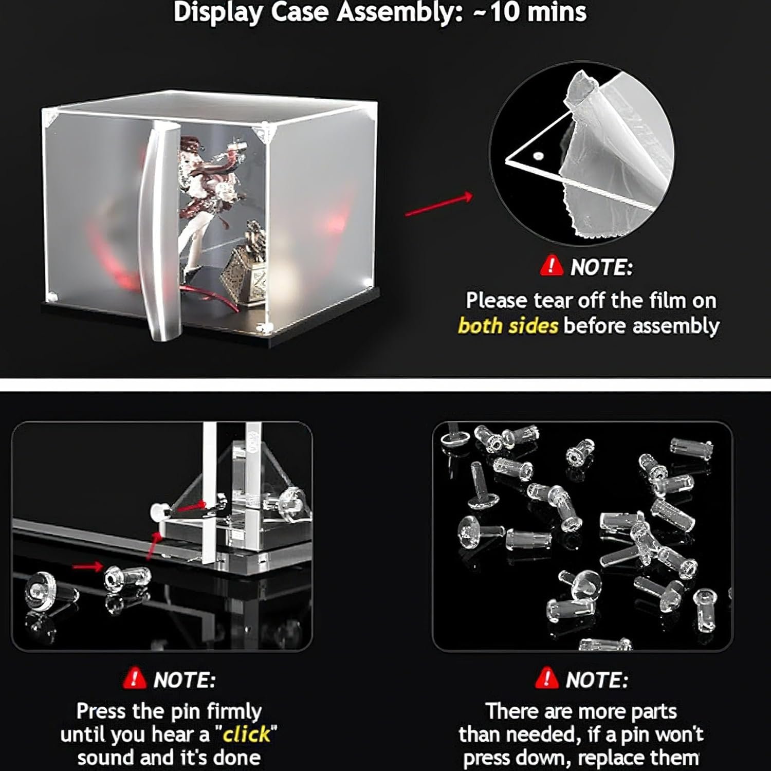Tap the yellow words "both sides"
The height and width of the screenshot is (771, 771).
tap(507, 326)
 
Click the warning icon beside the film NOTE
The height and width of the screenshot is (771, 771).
tap(552, 266)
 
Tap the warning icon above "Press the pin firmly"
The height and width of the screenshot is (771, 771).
tap(135, 679)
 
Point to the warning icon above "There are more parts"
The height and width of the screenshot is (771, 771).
tap(546, 679)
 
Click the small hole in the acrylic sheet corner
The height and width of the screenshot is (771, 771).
tap(538, 155)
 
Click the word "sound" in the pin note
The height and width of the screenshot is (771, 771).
tap(106, 758)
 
